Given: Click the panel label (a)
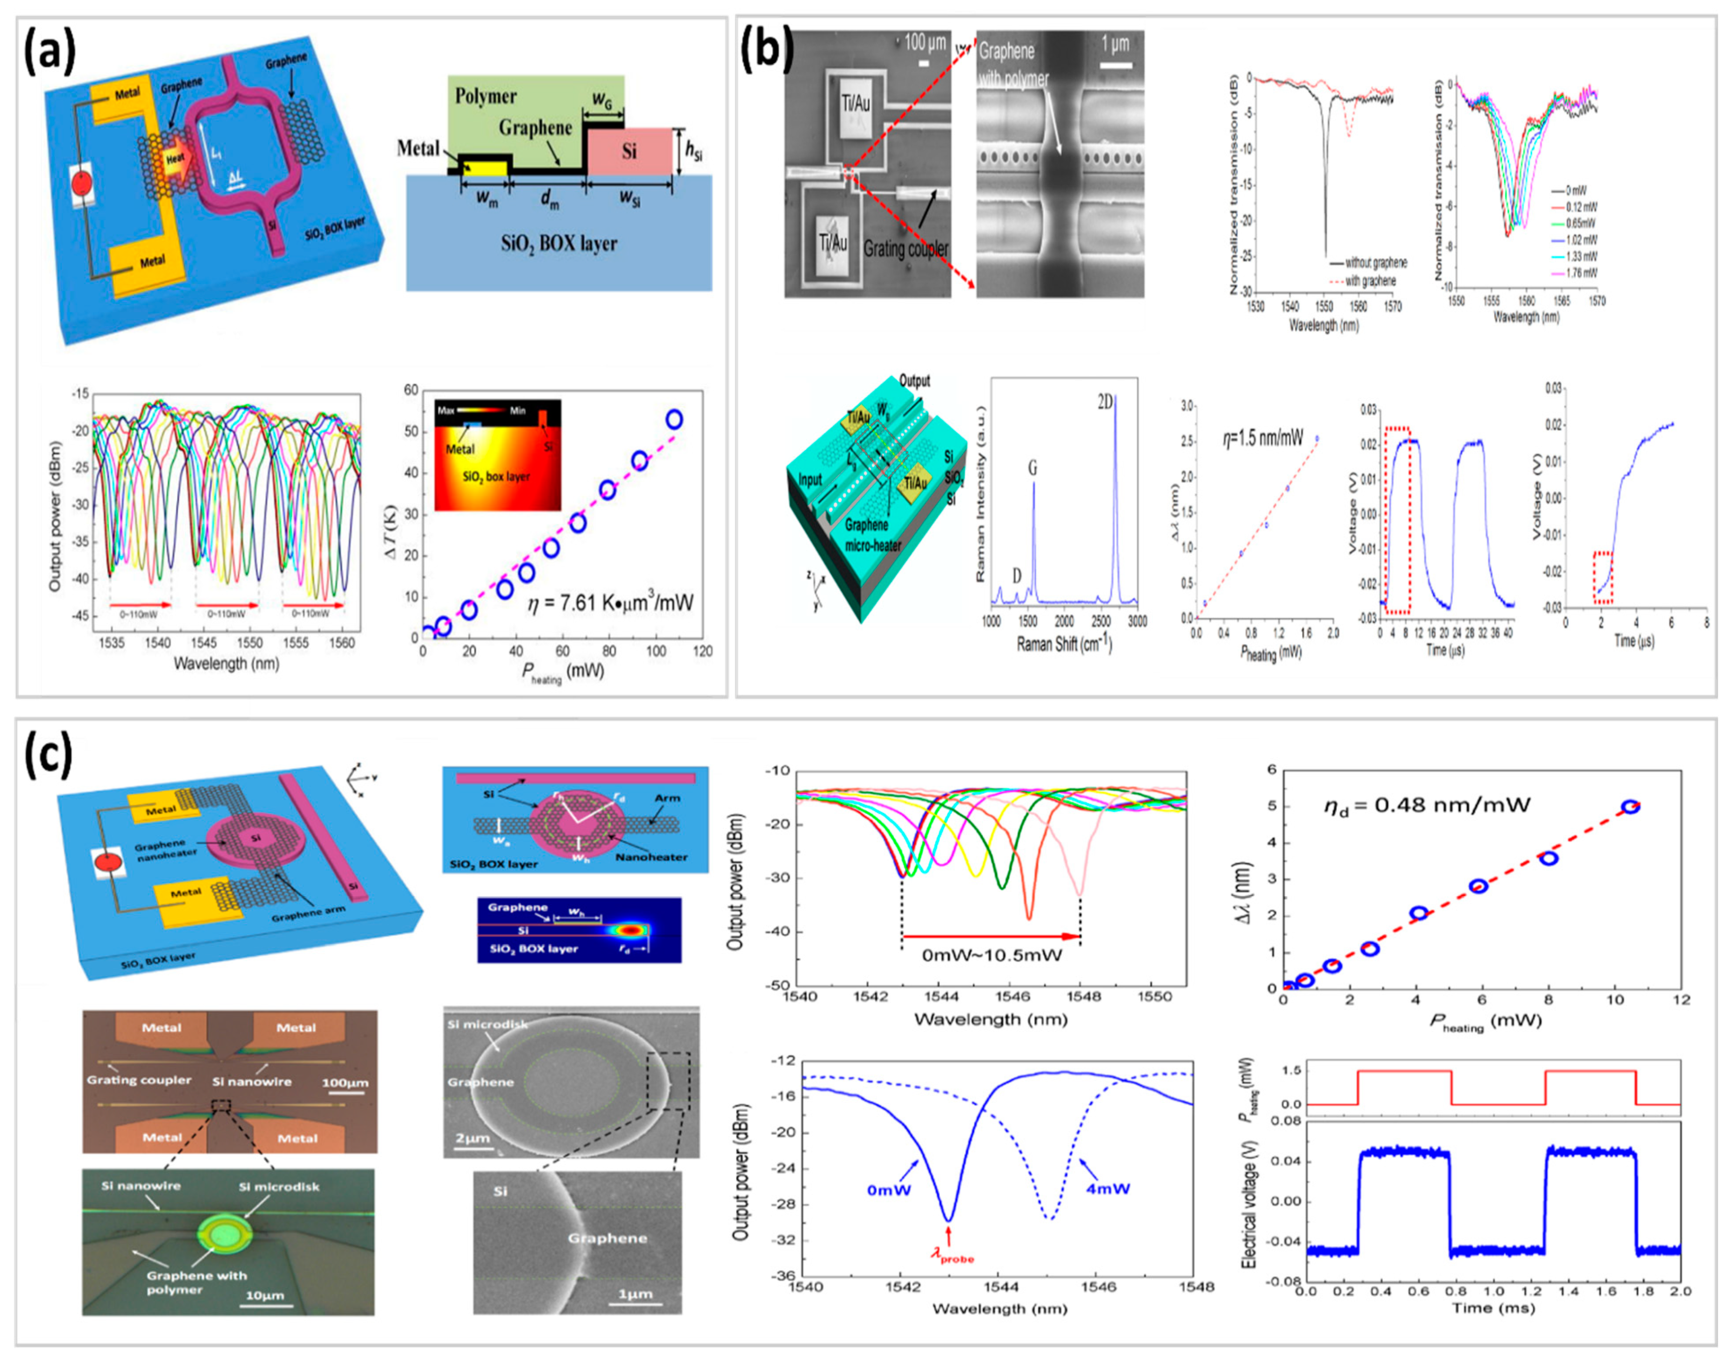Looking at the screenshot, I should point(49,54).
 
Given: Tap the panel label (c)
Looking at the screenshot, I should point(49,755).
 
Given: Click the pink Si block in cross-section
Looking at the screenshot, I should point(629,151).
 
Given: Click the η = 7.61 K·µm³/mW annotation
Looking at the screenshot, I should point(610,604).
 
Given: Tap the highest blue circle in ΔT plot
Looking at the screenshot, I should point(674,419).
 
